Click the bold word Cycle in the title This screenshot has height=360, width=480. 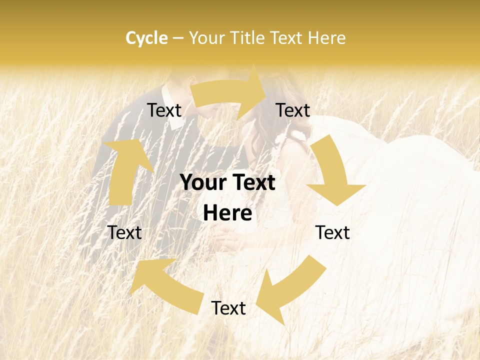click(x=146, y=38)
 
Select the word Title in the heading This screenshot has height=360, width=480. click(x=247, y=38)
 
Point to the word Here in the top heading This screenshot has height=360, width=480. click(x=326, y=38)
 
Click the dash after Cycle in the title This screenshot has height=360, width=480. click(x=178, y=38)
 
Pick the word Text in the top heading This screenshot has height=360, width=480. click(x=287, y=38)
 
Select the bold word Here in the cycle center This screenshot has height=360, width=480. click(x=227, y=213)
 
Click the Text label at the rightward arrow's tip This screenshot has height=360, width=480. click(x=293, y=110)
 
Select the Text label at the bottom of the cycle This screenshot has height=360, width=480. click(x=228, y=308)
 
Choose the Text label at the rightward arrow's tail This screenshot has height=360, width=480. click(x=164, y=110)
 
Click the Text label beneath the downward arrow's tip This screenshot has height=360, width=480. click(x=332, y=232)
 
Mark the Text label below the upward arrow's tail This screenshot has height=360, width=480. click(x=124, y=232)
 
